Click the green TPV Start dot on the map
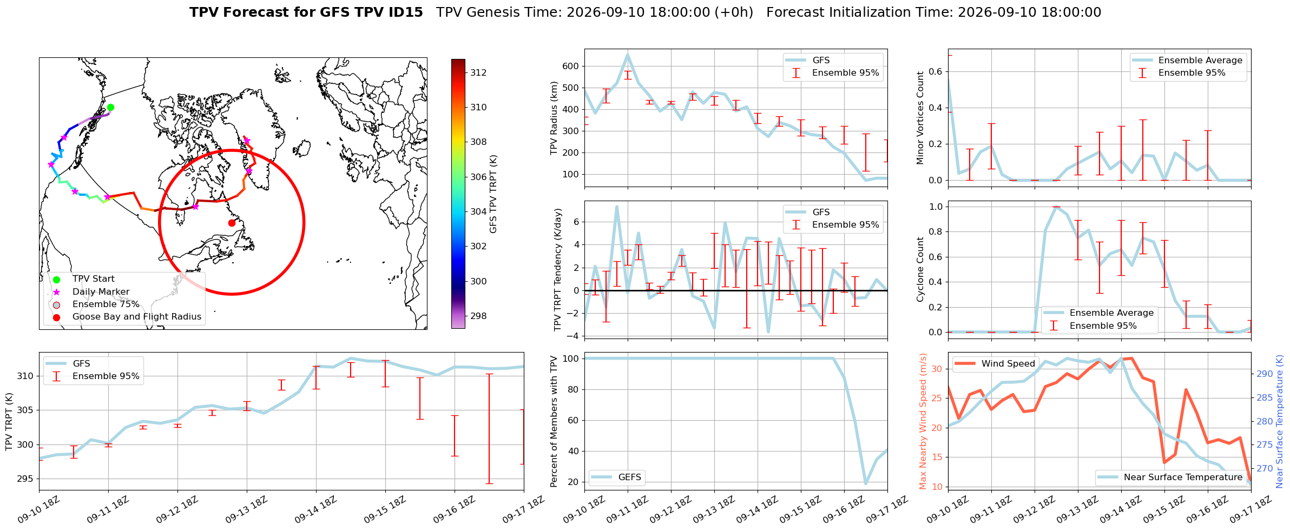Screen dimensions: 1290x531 pos(110,107)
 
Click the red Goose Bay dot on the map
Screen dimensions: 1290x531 pos(232,223)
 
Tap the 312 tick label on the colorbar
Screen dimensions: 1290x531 pos(478,72)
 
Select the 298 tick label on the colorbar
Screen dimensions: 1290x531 pos(478,316)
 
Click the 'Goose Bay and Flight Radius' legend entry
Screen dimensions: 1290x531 pos(137,317)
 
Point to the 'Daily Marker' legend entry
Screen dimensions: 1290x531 pos(101,292)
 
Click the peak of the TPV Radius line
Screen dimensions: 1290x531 pos(628,54)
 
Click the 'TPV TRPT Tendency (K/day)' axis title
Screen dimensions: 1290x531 pos(557,270)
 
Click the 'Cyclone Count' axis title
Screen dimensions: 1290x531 pos(920,269)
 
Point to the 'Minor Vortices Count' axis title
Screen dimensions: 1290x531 pos(920,117)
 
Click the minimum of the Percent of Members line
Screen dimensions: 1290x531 pos(866,483)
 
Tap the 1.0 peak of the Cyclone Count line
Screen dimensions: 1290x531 pos(1056,207)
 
